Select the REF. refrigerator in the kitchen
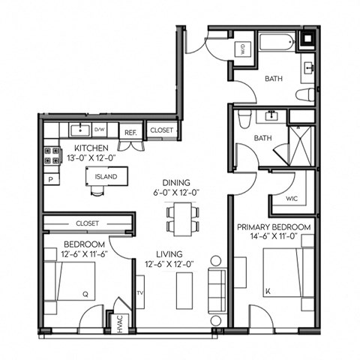130,131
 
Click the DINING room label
175,182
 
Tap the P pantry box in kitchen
50,180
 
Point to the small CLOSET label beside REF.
161,130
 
